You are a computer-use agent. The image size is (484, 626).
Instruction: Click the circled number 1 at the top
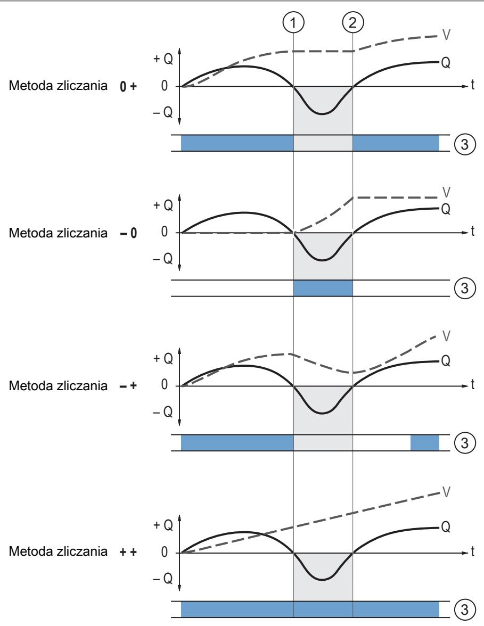[293, 22]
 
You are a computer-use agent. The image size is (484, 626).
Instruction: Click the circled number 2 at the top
[352, 22]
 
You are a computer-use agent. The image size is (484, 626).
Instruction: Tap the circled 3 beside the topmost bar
[465, 144]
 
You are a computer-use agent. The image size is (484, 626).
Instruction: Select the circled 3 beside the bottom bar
[465, 609]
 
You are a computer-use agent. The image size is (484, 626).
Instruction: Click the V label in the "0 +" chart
[446, 35]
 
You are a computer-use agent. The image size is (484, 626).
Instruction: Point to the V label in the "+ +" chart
[446, 492]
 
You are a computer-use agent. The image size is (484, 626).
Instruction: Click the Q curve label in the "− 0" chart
[446, 209]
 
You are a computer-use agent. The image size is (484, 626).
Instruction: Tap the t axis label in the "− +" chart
[472, 384]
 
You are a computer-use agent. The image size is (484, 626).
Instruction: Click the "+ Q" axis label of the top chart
[163, 59]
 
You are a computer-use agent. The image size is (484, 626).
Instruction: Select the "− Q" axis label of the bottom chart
[163, 578]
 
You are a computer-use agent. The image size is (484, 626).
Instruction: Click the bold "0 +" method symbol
[128, 86]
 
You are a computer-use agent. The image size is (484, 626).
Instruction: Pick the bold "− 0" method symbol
[128, 233]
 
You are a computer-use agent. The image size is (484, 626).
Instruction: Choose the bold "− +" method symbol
[128, 385]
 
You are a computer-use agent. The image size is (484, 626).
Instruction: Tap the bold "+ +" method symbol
[128, 552]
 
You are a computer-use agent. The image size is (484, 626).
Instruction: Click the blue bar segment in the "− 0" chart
[323, 289]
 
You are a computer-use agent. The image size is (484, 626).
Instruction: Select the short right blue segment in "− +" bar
[425, 443]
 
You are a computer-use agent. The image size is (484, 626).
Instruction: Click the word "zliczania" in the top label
[82, 85]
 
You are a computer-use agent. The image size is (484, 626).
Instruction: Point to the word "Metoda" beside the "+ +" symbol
[31, 551]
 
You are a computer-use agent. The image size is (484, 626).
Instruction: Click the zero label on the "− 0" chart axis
[165, 232]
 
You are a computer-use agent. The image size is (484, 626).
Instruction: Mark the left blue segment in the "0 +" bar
[237, 143]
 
